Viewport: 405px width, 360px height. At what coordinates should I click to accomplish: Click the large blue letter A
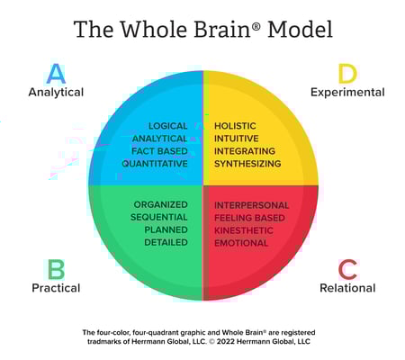coord(56,73)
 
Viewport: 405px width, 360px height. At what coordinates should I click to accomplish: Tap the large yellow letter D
coord(347,73)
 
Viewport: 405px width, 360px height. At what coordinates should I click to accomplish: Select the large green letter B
coord(56,268)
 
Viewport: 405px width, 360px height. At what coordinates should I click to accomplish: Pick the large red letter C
coord(347,268)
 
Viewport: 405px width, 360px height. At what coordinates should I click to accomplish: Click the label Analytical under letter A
coord(56,92)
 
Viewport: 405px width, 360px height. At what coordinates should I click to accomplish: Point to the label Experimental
coord(347,92)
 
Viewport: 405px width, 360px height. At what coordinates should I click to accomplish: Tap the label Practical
coord(56,288)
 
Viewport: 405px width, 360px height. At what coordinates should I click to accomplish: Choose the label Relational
coord(347,288)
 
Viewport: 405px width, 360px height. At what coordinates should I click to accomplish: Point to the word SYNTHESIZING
coord(247,164)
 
